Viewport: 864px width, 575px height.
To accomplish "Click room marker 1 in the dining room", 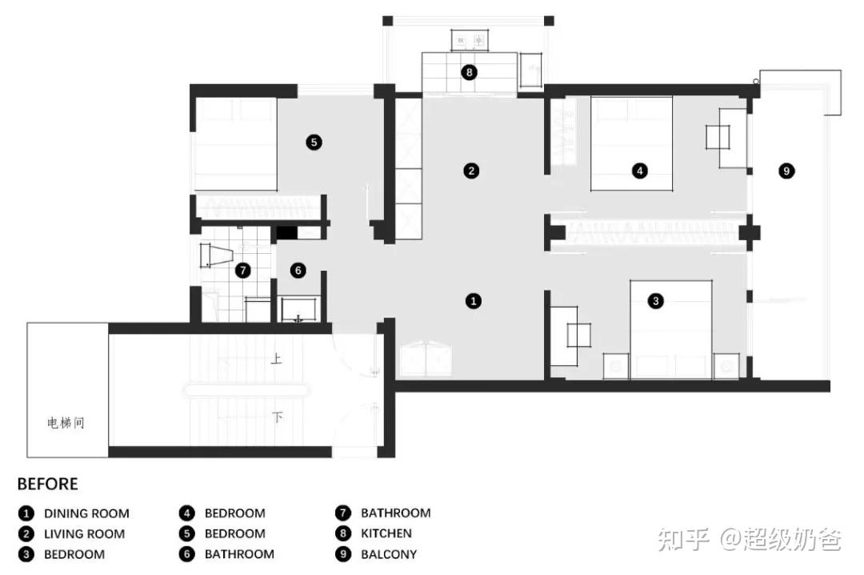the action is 474,301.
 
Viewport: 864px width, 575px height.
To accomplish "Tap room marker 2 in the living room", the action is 471,171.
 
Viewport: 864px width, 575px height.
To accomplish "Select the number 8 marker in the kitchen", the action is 469,72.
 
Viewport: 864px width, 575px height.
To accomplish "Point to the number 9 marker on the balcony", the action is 786,171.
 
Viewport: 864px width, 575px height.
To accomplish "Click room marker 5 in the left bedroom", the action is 314,143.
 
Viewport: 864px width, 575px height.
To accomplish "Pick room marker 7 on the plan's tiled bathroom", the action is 242,271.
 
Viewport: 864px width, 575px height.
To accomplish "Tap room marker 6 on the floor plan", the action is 298,271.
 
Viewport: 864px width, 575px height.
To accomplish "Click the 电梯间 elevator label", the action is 66,424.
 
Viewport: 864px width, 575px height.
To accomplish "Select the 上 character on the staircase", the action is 277,360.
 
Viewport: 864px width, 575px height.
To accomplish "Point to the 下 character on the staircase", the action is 277,416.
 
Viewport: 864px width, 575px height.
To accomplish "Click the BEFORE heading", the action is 47,484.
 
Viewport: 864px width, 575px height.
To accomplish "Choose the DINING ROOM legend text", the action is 86,513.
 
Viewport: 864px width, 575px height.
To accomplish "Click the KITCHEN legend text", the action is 386,533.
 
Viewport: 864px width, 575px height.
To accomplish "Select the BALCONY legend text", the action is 389,554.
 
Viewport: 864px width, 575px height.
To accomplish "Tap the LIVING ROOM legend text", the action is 84,533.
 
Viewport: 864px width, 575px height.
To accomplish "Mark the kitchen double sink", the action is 470,40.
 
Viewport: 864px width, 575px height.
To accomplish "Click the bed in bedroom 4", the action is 631,143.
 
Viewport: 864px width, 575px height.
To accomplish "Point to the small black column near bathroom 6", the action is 286,233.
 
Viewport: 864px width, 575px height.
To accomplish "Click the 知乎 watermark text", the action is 683,539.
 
